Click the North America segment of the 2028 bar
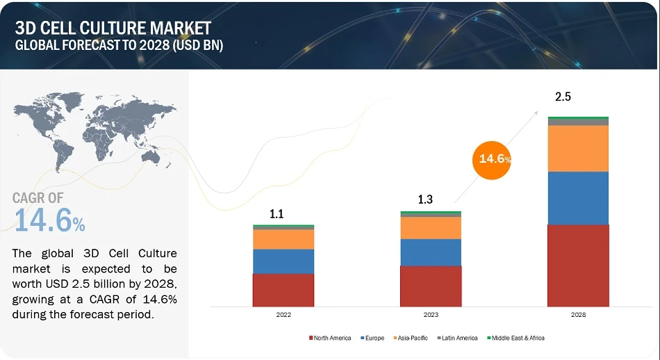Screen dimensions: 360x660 (578, 265)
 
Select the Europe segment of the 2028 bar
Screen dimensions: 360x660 (578, 198)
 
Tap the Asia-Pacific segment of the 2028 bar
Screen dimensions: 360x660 (578, 149)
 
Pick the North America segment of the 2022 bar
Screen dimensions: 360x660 (283, 290)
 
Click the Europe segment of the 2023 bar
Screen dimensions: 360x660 (431, 252)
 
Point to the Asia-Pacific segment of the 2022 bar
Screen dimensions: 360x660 (283, 239)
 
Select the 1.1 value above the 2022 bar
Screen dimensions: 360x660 (277, 214)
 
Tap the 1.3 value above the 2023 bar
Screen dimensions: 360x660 (425, 200)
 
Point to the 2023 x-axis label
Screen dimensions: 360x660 (431, 315)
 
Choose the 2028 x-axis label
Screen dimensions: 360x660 (578, 315)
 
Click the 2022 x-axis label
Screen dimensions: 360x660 (283, 315)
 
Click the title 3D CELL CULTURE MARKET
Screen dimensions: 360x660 (113, 28)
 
